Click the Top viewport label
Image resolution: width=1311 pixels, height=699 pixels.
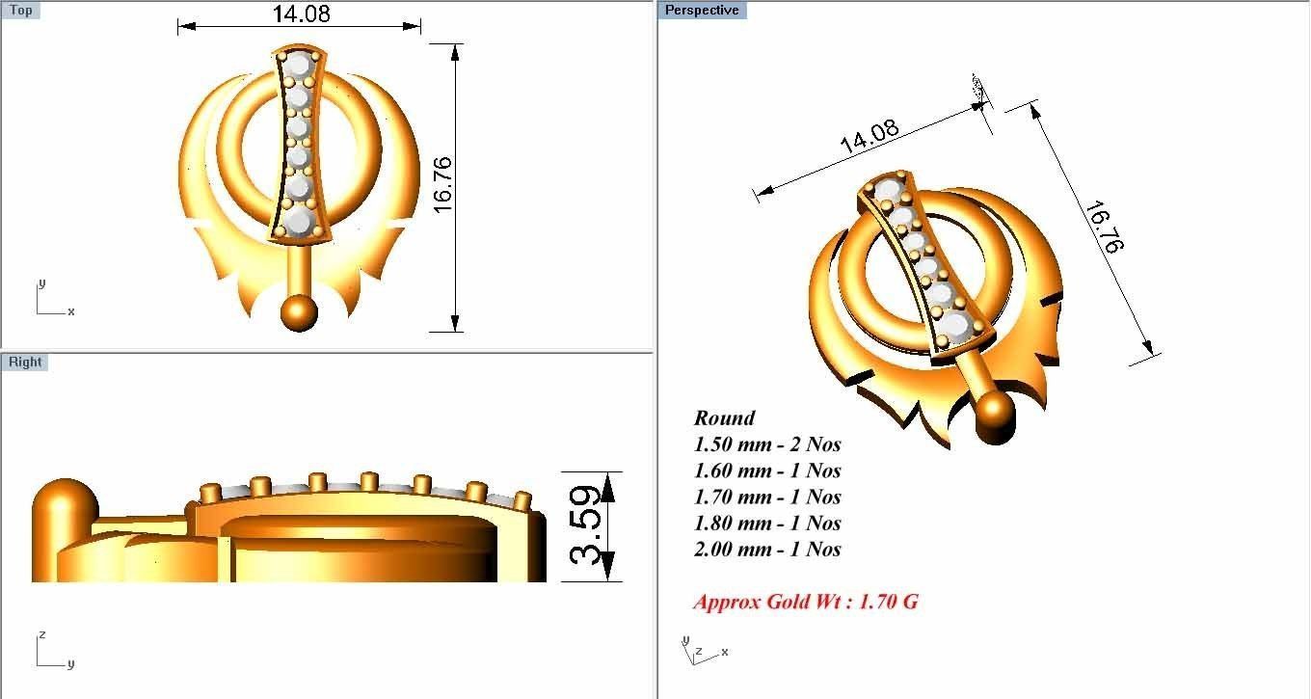tap(20, 11)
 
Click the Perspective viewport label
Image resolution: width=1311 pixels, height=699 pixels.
tap(702, 11)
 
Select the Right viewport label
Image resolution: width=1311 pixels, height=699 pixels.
tap(25, 363)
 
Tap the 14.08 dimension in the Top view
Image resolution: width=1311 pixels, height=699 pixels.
tap(301, 13)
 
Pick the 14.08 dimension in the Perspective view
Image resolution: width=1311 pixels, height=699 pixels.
tap(870, 138)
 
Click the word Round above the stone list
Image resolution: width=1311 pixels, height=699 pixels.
tap(724, 418)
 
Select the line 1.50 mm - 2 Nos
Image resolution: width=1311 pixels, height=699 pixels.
tap(767, 444)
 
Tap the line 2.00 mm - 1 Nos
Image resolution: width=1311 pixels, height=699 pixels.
tap(767, 550)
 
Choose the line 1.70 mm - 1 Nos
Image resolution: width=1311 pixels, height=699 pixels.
tap(767, 497)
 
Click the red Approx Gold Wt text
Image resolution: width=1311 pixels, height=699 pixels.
tap(805, 603)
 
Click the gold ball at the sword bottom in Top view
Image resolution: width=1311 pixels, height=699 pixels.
tap(299, 312)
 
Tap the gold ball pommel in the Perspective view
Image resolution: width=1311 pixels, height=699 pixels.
tap(995, 416)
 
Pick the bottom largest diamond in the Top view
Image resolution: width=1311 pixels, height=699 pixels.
tap(299, 221)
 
